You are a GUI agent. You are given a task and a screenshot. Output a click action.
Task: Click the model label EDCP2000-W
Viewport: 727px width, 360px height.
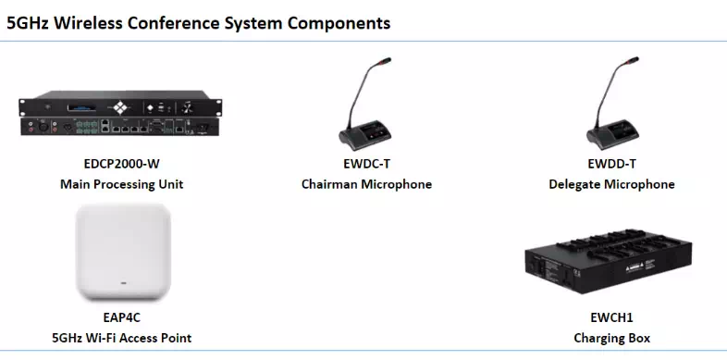tap(121, 167)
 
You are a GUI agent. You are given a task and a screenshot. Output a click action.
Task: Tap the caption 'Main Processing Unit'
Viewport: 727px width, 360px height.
tap(121, 184)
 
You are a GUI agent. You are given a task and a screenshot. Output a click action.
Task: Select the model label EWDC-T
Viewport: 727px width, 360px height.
tap(366, 167)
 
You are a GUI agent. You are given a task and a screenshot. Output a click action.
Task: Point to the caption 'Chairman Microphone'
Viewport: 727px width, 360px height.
tap(366, 184)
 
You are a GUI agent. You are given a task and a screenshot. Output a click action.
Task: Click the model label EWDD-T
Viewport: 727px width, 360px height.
tap(611, 167)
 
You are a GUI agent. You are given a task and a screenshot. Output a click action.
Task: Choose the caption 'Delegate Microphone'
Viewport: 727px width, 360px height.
tap(611, 184)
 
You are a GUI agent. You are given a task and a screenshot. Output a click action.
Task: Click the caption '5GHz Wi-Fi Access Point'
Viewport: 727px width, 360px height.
tap(121, 338)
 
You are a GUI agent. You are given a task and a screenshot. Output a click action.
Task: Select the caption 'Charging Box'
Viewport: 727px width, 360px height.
tap(611, 338)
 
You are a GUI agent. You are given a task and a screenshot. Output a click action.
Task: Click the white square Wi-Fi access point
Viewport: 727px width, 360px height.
tap(122, 252)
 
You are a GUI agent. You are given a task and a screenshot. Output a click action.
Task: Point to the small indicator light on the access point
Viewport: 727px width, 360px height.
tap(122, 279)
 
